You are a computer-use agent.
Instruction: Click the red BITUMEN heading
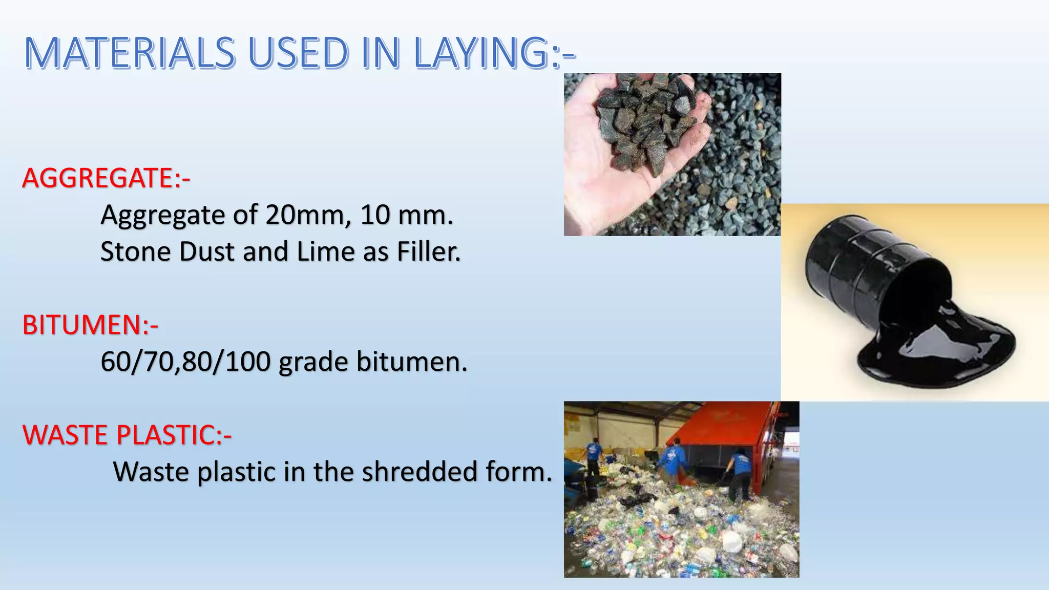[x=82, y=325]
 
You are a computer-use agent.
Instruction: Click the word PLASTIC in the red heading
[x=164, y=435]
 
